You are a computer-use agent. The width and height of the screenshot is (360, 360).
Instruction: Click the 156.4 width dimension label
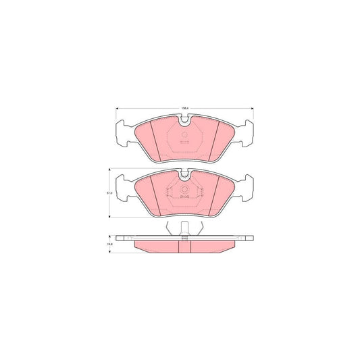(x=184, y=105)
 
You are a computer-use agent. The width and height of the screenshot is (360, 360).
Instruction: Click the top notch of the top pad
(x=184, y=120)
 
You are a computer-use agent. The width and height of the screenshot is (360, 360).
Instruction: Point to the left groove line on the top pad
(x=155, y=143)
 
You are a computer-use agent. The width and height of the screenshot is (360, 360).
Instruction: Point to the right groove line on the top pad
(x=215, y=143)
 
